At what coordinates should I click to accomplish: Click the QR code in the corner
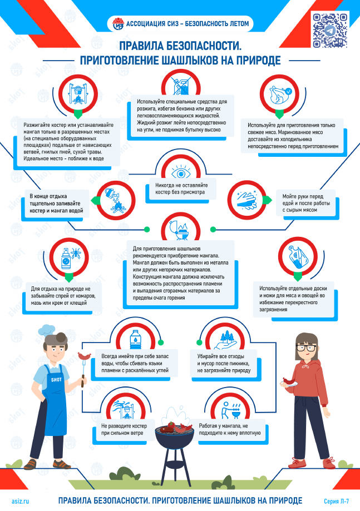tap(330, 31)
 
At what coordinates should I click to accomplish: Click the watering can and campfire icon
tap(116, 200)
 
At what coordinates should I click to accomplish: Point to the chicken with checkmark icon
tap(280, 94)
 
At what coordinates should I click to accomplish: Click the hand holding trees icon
tap(226, 341)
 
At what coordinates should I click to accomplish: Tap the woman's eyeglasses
tap(306, 348)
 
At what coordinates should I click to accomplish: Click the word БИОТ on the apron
tap(56, 380)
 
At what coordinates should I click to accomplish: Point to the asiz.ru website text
tap(20, 501)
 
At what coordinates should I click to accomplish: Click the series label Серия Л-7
tap(336, 501)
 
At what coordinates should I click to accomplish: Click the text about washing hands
tap(306, 203)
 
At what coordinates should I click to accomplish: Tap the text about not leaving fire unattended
tap(181, 188)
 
